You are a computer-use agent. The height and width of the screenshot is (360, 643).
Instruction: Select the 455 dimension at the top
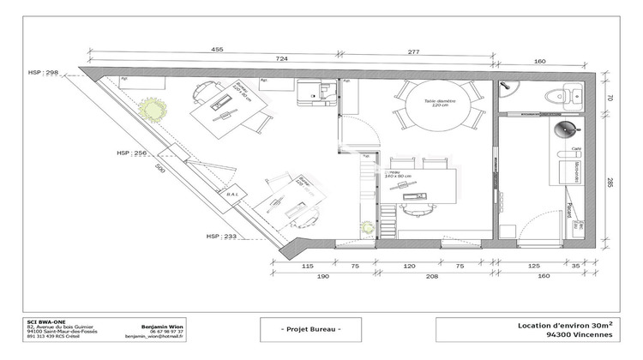(217, 50)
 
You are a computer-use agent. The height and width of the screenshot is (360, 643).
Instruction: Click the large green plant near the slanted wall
(153, 110)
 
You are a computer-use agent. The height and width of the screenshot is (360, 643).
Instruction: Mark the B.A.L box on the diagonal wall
(231, 195)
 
